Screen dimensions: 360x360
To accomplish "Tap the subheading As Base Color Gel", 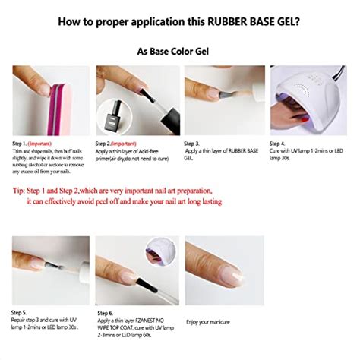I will tap(179, 52).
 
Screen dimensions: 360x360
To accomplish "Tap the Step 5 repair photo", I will tap(49, 270).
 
